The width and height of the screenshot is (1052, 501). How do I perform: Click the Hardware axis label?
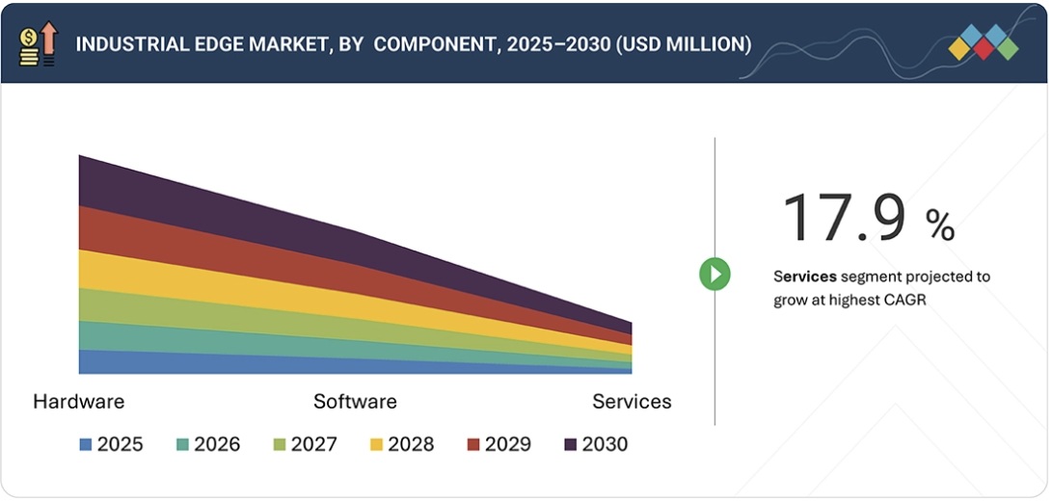click(78, 401)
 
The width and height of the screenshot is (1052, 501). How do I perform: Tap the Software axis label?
click(355, 401)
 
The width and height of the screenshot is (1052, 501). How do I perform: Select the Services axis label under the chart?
click(632, 401)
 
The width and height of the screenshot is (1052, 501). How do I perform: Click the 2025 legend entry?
click(111, 444)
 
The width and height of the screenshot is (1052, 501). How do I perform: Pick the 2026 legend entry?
click(207, 444)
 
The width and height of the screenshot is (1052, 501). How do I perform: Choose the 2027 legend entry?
click(305, 444)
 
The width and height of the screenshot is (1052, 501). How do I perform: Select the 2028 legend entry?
click(401, 444)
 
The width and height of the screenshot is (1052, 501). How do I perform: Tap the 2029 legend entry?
click(499, 444)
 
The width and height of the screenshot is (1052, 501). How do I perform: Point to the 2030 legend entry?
click(595, 444)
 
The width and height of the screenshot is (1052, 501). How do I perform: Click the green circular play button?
click(715, 275)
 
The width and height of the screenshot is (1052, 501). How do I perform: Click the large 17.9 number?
click(844, 217)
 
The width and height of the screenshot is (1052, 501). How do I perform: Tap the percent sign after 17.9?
click(940, 225)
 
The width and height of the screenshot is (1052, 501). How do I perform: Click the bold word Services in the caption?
click(804, 277)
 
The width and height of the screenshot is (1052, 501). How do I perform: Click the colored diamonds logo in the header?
click(983, 43)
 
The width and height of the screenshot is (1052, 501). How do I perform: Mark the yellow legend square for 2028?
click(376, 444)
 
